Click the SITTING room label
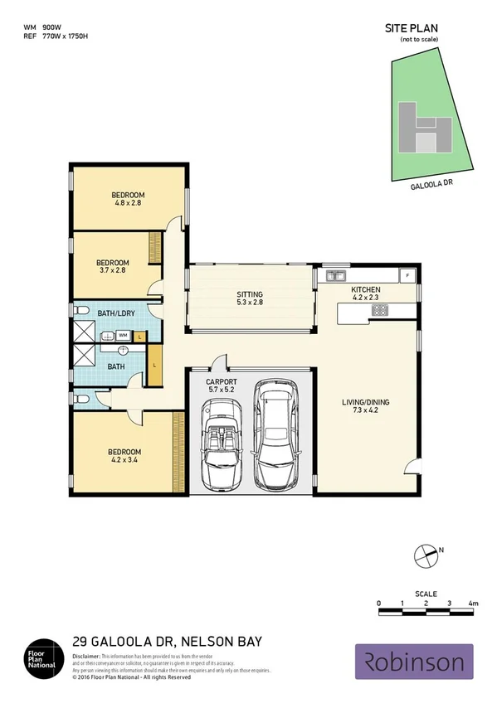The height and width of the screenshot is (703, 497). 249,294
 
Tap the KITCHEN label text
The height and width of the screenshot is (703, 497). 365,289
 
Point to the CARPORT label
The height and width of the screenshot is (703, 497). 221,382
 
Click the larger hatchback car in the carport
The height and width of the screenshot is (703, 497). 275,434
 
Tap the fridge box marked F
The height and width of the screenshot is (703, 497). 407,275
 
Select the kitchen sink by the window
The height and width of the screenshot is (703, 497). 335,275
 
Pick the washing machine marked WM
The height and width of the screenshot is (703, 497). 122,335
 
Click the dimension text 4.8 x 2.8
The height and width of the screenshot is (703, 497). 129,203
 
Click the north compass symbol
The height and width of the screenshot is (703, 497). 426,554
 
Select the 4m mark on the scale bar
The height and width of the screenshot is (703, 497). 473,603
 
